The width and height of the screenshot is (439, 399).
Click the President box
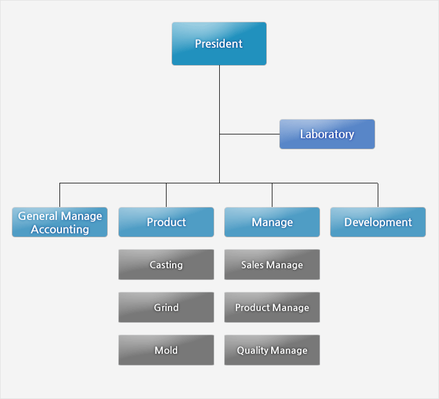219,44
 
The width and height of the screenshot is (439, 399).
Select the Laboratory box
327,134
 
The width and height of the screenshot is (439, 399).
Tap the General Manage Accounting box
59,222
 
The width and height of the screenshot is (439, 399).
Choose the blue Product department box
166,222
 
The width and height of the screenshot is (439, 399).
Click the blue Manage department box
272,222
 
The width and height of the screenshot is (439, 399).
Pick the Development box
378,222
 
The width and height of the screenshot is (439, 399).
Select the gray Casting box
166,265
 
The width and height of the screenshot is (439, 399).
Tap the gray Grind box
166,307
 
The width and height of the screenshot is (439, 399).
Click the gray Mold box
166,350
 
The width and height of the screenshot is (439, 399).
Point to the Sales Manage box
272,265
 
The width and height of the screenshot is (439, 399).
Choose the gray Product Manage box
272,307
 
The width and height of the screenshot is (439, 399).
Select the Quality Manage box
272,350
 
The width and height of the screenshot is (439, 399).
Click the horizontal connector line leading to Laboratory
250,134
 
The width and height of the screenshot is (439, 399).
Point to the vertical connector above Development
378,195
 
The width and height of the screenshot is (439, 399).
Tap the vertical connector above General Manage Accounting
59,195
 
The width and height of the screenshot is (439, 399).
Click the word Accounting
60,229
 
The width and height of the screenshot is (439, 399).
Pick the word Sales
252,265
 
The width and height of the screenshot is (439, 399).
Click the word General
38,216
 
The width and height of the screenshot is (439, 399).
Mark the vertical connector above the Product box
166,195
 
